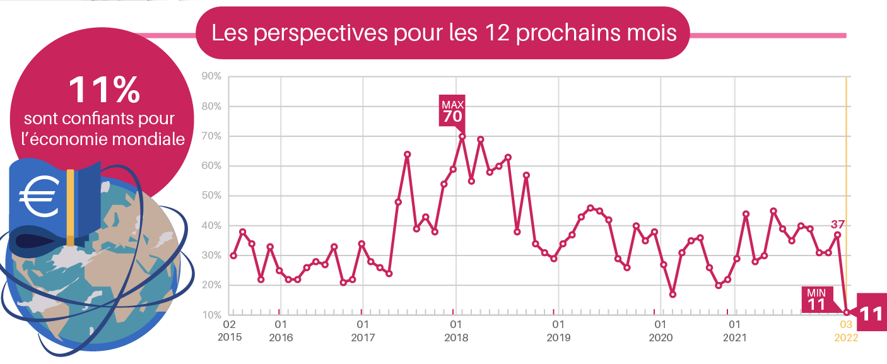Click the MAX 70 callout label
click(x=452, y=111)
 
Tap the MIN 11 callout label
click(x=817, y=300)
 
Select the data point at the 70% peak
click(x=462, y=136)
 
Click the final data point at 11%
click(x=847, y=312)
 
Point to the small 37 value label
click(x=838, y=224)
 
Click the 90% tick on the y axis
click(x=211, y=76)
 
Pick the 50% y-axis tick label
click(x=211, y=196)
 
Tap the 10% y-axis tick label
click(x=212, y=315)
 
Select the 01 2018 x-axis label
click(x=455, y=331)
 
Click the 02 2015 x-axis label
click(x=230, y=331)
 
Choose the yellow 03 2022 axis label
click(x=846, y=331)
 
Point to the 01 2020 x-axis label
click(x=661, y=331)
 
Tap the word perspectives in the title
click(x=320, y=33)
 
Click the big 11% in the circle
click(x=105, y=90)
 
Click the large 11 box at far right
click(x=872, y=312)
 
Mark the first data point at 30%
click(x=233, y=255)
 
